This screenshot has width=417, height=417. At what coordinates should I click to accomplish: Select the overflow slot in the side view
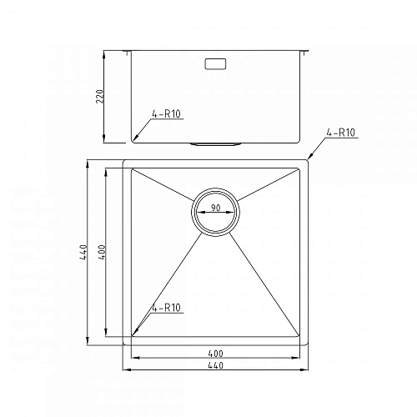click(x=216, y=63)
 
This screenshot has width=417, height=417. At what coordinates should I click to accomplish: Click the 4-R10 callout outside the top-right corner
click(x=342, y=133)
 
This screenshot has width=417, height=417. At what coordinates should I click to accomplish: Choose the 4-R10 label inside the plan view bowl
click(x=167, y=308)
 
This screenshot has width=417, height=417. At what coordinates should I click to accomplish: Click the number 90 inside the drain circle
click(x=216, y=208)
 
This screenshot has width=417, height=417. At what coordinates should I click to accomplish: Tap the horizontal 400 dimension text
click(x=216, y=354)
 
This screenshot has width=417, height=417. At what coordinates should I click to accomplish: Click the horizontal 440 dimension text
click(x=216, y=365)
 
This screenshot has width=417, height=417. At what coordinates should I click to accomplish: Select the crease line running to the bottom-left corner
click(x=167, y=284)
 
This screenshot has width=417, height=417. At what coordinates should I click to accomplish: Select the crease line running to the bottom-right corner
click(x=265, y=284)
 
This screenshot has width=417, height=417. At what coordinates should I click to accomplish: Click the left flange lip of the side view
click(x=126, y=53)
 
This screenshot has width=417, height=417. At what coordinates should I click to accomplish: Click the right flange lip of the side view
click(x=307, y=53)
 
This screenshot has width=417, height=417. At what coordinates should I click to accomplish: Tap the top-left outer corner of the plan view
click(x=123, y=159)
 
